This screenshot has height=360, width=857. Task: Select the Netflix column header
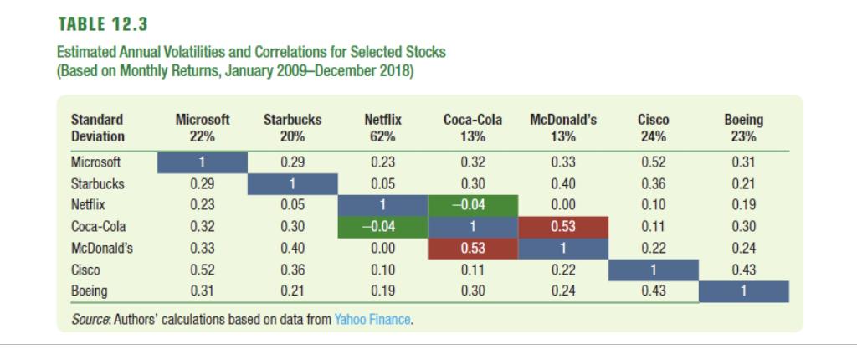pyautogui.click(x=380, y=119)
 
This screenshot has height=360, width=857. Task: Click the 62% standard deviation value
pyautogui.click(x=380, y=136)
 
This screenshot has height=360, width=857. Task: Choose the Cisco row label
pyautogui.click(x=83, y=270)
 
